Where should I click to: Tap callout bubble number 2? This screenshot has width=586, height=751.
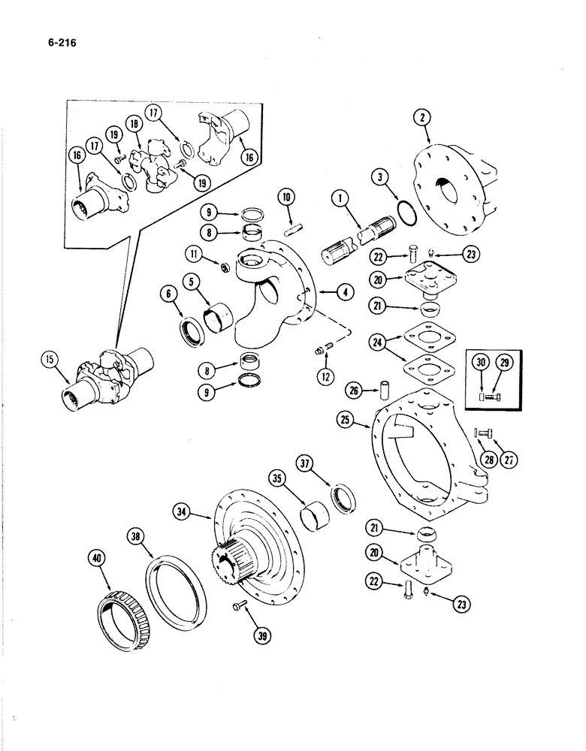[424, 118]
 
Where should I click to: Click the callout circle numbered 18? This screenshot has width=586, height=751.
[136, 125]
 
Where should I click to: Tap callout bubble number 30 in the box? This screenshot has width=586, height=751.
[480, 362]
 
